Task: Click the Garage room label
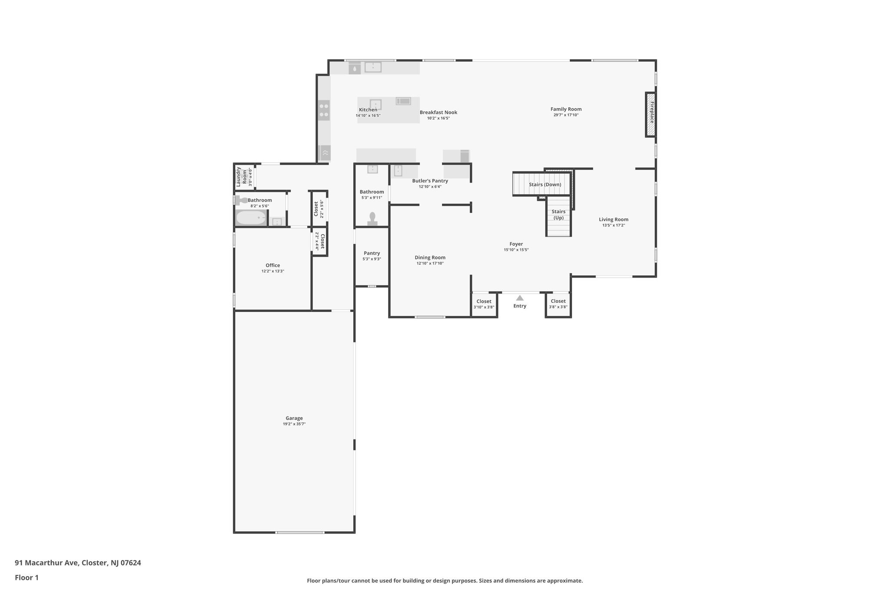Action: click(x=294, y=418)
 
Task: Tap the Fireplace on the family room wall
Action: click(x=651, y=115)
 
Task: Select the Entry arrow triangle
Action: click(x=520, y=298)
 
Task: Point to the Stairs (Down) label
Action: click(x=545, y=185)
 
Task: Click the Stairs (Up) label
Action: click(x=558, y=215)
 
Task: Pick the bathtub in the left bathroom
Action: click(x=251, y=217)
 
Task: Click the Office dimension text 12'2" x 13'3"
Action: click(x=273, y=271)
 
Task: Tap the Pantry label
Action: click(x=372, y=253)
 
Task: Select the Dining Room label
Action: click(x=430, y=258)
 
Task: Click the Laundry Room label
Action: click(x=241, y=177)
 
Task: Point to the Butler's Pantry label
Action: click(x=430, y=181)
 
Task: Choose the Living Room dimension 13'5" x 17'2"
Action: click(x=614, y=225)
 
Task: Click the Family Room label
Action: click(x=566, y=109)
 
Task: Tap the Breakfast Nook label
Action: click(x=438, y=113)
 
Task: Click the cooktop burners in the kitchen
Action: click(x=324, y=110)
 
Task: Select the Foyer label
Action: click(x=516, y=244)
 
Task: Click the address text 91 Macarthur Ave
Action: click(x=46, y=563)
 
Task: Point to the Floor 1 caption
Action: click(x=27, y=577)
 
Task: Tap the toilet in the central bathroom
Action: click(x=372, y=219)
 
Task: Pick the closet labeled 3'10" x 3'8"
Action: click(x=484, y=304)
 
